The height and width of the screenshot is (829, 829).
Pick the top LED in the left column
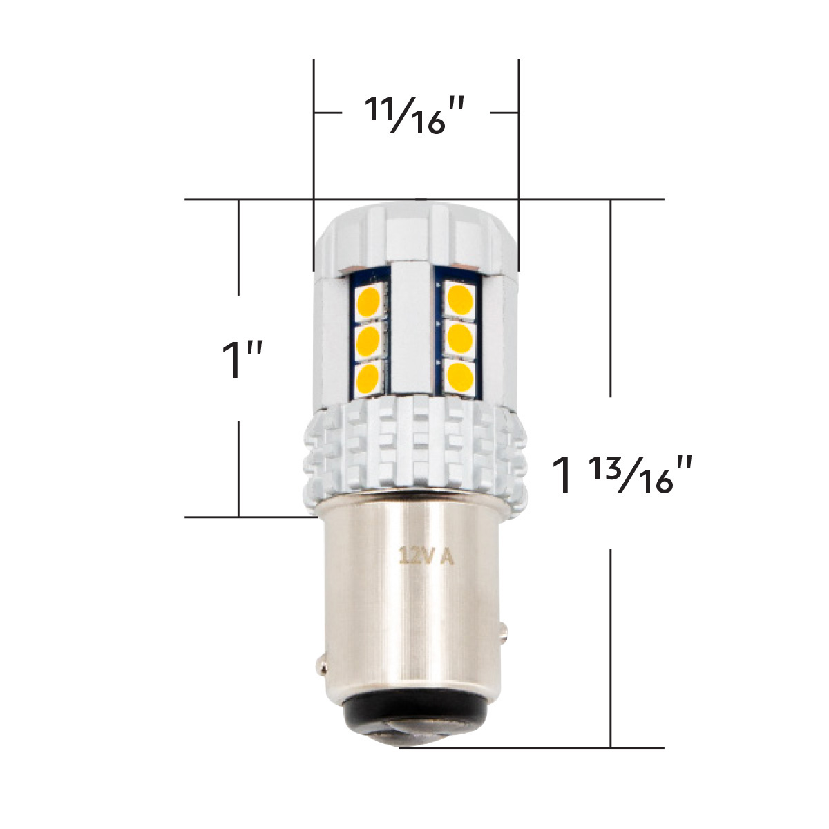[x=368, y=301]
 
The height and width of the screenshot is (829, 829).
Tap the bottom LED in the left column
[x=368, y=377]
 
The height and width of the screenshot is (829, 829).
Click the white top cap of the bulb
[x=414, y=231]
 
